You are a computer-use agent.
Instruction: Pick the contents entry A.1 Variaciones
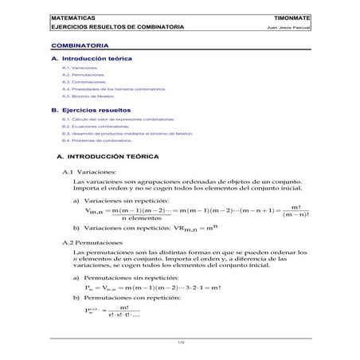[x=79, y=69]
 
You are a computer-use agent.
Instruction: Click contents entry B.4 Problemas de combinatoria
[x=96, y=139]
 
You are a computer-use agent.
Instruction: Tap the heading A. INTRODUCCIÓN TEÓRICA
[x=109, y=157]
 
